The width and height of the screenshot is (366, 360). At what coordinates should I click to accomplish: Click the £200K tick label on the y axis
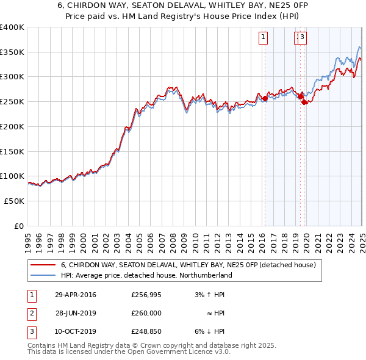point(12,126)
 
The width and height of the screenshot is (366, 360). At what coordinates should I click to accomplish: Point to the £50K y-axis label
point(14,201)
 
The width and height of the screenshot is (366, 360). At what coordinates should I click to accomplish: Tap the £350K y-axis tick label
point(12,52)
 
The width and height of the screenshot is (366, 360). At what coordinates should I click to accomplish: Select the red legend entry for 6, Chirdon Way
point(188,265)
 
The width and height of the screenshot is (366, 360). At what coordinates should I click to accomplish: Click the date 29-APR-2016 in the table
point(75,295)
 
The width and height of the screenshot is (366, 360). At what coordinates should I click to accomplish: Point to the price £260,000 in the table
point(146,313)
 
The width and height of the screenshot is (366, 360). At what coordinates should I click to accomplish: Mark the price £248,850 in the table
point(146,331)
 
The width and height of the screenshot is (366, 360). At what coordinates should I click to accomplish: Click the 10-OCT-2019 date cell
point(75,331)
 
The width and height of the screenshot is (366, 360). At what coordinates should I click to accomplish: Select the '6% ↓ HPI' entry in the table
point(209,331)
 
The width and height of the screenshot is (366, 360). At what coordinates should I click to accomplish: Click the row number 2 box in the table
point(30,313)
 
